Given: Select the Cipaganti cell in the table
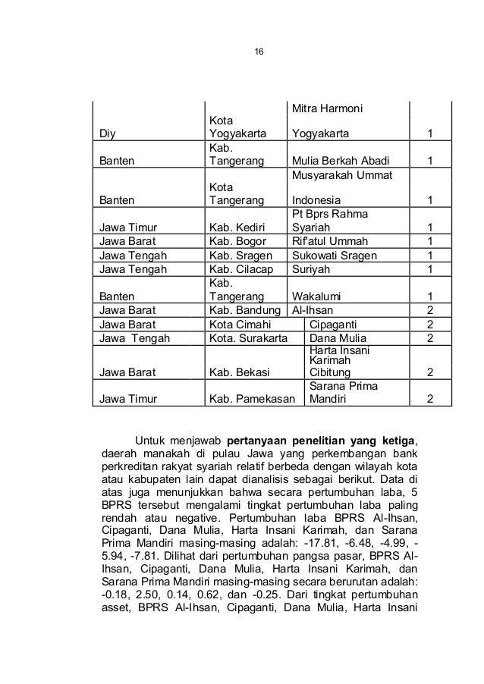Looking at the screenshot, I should (x=337, y=325).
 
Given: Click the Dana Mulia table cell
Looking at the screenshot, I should (x=339, y=338).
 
